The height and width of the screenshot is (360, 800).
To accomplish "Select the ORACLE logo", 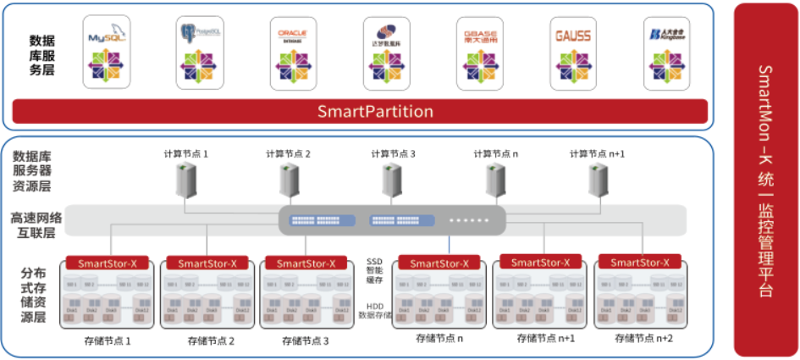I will pyautogui.click(x=293, y=35).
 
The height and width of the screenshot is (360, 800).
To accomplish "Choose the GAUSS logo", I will pyautogui.click(x=573, y=36).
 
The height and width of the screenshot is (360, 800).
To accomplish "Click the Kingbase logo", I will pyautogui.click(x=666, y=35).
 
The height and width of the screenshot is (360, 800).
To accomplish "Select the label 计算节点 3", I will pyautogui.click(x=393, y=154).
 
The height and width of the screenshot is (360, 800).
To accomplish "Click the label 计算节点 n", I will pyautogui.click(x=496, y=154).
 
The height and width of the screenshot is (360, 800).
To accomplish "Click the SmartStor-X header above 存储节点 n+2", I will pyautogui.click(x=639, y=263).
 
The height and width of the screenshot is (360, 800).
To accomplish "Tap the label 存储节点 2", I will pyautogui.click(x=211, y=341).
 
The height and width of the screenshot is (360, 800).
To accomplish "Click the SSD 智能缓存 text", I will pyautogui.click(x=375, y=270).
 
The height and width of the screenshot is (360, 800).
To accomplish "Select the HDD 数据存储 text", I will pyautogui.click(x=375, y=310).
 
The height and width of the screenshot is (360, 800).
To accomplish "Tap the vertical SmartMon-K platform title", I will pyautogui.click(x=765, y=180).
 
